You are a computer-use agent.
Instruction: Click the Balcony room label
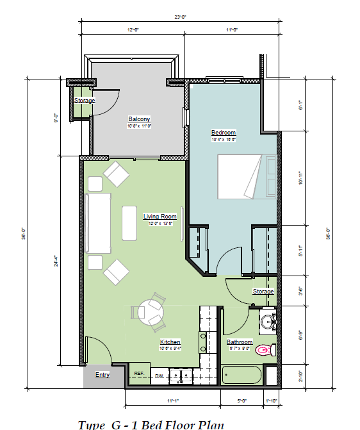pos(139,119)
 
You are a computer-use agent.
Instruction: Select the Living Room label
pos(160,217)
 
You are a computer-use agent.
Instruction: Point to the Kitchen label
pos(170,342)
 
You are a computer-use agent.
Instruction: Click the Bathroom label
pos(240,342)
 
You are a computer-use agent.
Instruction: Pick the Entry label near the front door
pos(102,374)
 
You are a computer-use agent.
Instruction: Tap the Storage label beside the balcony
pos(85,101)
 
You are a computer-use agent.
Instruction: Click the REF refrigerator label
pos(138,373)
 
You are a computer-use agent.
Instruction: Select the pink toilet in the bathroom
pos(263,351)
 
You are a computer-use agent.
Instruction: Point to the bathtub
pos(241,375)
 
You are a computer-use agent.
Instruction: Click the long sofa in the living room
pos(97,224)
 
